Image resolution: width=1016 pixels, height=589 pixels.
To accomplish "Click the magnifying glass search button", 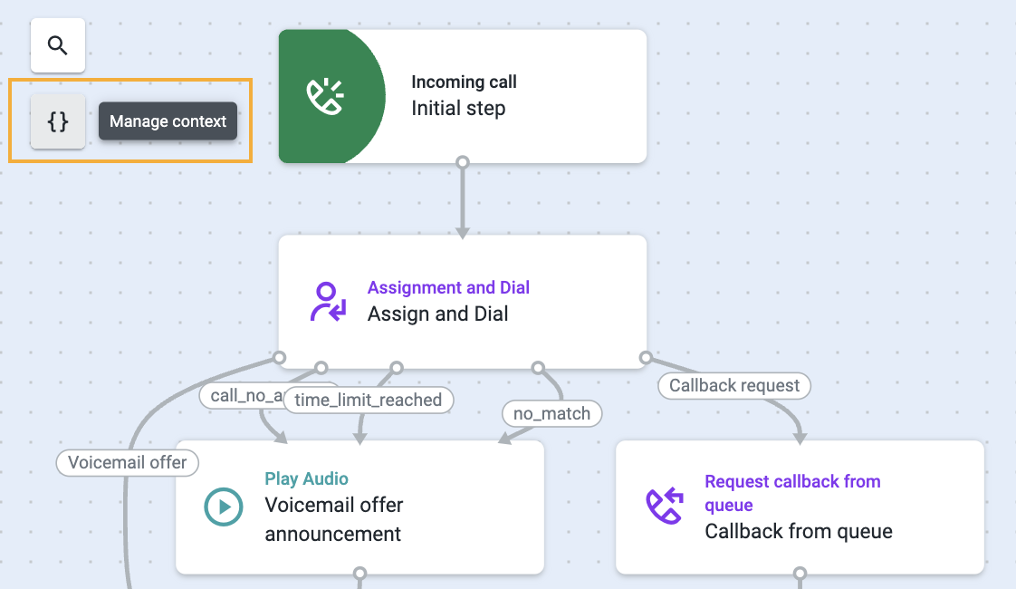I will (58, 45).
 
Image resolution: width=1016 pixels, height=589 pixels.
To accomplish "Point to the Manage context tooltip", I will (168, 121).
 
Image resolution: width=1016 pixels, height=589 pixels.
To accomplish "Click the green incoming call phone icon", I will (325, 96).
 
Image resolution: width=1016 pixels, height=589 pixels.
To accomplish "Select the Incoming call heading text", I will (464, 82).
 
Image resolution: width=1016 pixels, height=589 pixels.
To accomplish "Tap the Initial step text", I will (458, 109).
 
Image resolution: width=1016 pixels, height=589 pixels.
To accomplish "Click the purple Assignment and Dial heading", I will (448, 287).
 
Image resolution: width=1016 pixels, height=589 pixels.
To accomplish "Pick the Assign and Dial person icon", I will (327, 302).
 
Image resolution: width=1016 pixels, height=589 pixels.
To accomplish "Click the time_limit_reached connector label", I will (368, 400).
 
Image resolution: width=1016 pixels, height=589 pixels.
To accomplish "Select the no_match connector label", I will (551, 414).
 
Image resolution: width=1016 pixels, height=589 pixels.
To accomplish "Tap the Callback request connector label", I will (733, 385).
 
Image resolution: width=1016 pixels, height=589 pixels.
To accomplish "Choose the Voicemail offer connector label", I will (127, 462).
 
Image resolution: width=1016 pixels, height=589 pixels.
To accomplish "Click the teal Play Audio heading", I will (306, 478).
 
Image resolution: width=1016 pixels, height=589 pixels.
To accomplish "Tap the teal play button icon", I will (224, 507).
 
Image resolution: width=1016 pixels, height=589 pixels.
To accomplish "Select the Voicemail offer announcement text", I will (333, 519).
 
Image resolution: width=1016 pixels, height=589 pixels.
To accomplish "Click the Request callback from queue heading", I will (792, 492).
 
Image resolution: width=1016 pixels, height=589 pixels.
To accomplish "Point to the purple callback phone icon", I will (664, 506).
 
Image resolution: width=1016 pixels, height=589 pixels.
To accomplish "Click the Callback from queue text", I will (799, 531).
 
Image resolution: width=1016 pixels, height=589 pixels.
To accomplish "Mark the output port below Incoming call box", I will (463, 162).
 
